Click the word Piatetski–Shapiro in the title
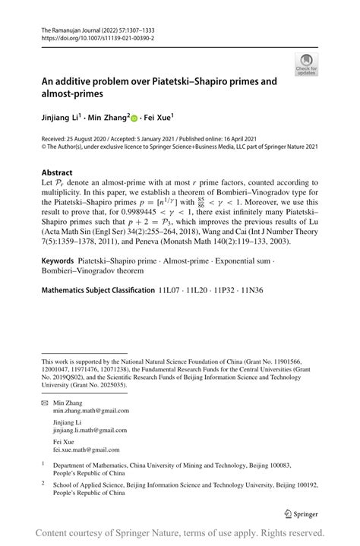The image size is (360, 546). click(194, 80)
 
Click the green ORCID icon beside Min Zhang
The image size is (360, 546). click(134, 118)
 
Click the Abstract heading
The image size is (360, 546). click(58, 173)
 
